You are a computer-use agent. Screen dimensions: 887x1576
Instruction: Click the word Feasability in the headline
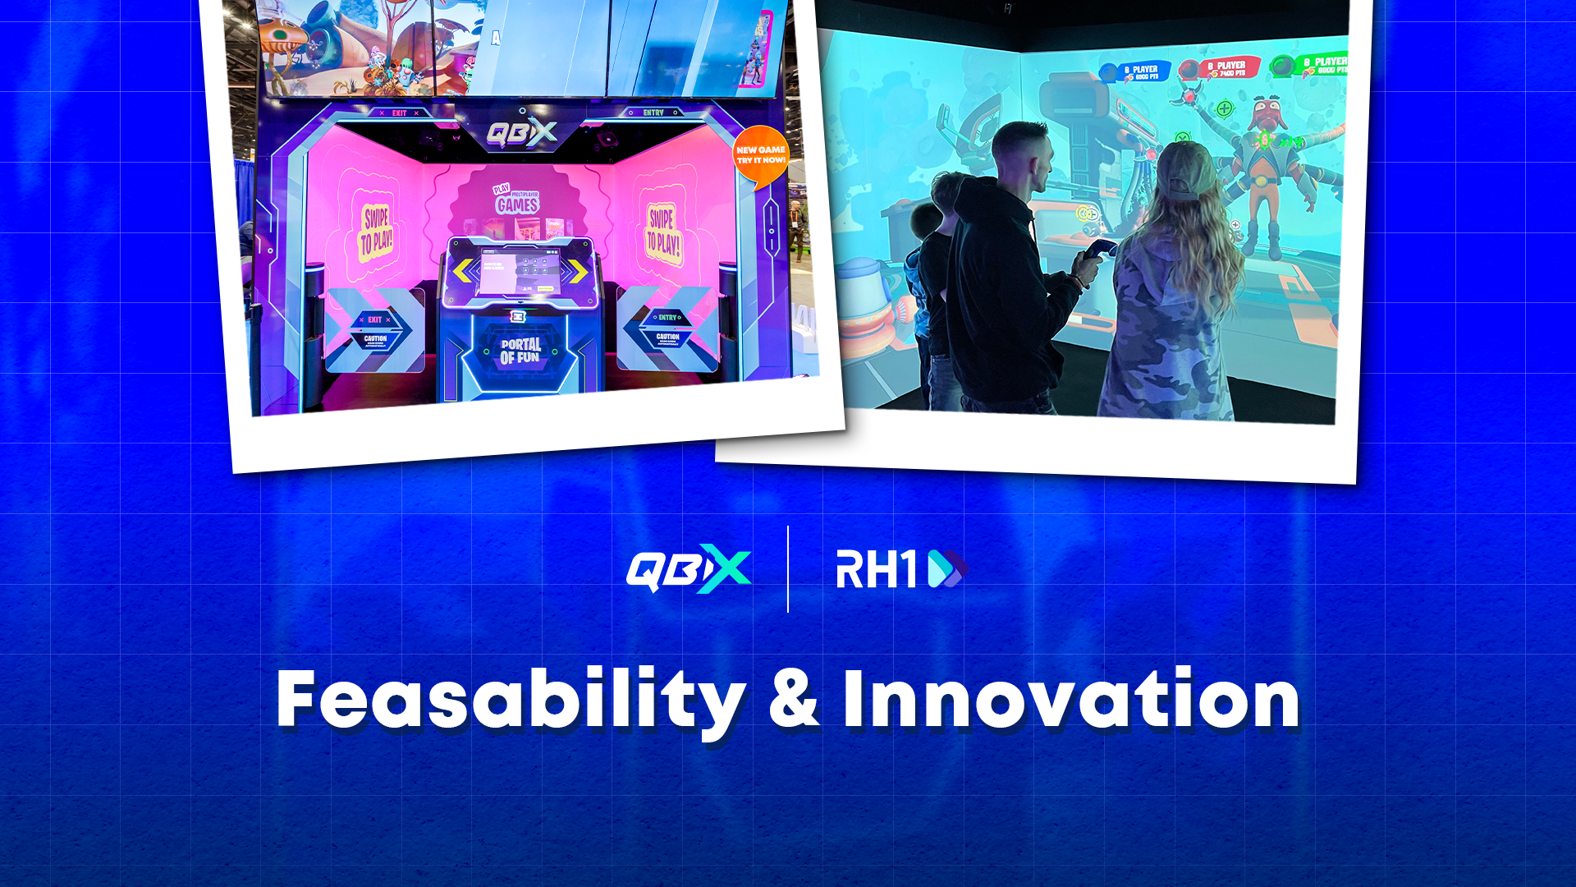pyautogui.click(x=509, y=700)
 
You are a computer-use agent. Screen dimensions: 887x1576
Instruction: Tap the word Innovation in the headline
pyautogui.click(x=1071, y=700)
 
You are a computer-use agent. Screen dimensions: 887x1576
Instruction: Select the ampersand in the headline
pyautogui.click(x=794, y=700)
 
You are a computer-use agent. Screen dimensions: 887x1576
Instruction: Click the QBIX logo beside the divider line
pyautogui.click(x=688, y=568)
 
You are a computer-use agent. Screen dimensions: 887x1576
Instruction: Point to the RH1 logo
pyautogui.click(x=901, y=569)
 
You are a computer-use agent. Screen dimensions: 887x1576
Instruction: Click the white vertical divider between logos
pyautogui.click(x=788, y=569)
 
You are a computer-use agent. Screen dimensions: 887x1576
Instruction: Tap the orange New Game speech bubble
pyautogui.click(x=760, y=156)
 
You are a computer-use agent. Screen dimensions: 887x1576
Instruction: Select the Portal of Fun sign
pyautogui.click(x=520, y=351)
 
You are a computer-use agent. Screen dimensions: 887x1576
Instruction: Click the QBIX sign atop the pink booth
pyautogui.click(x=521, y=133)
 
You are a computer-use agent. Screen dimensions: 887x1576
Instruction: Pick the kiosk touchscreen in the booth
pyautogui.click(x=520, y=273)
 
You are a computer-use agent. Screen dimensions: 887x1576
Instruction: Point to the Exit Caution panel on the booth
pyautogui.click(x=375, y=330)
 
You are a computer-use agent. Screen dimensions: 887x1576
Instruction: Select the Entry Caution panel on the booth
pyautogui.click(x=667, y=329)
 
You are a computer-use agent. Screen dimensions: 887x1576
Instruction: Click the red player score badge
pyautogui.click(x=1217, y=69)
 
